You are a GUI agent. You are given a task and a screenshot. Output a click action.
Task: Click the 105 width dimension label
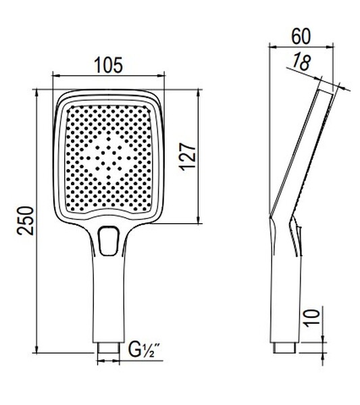(108, 66)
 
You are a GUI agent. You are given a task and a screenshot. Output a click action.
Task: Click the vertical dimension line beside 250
(38, 220)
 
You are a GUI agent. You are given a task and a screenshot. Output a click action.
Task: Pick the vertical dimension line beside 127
(199, 156)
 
